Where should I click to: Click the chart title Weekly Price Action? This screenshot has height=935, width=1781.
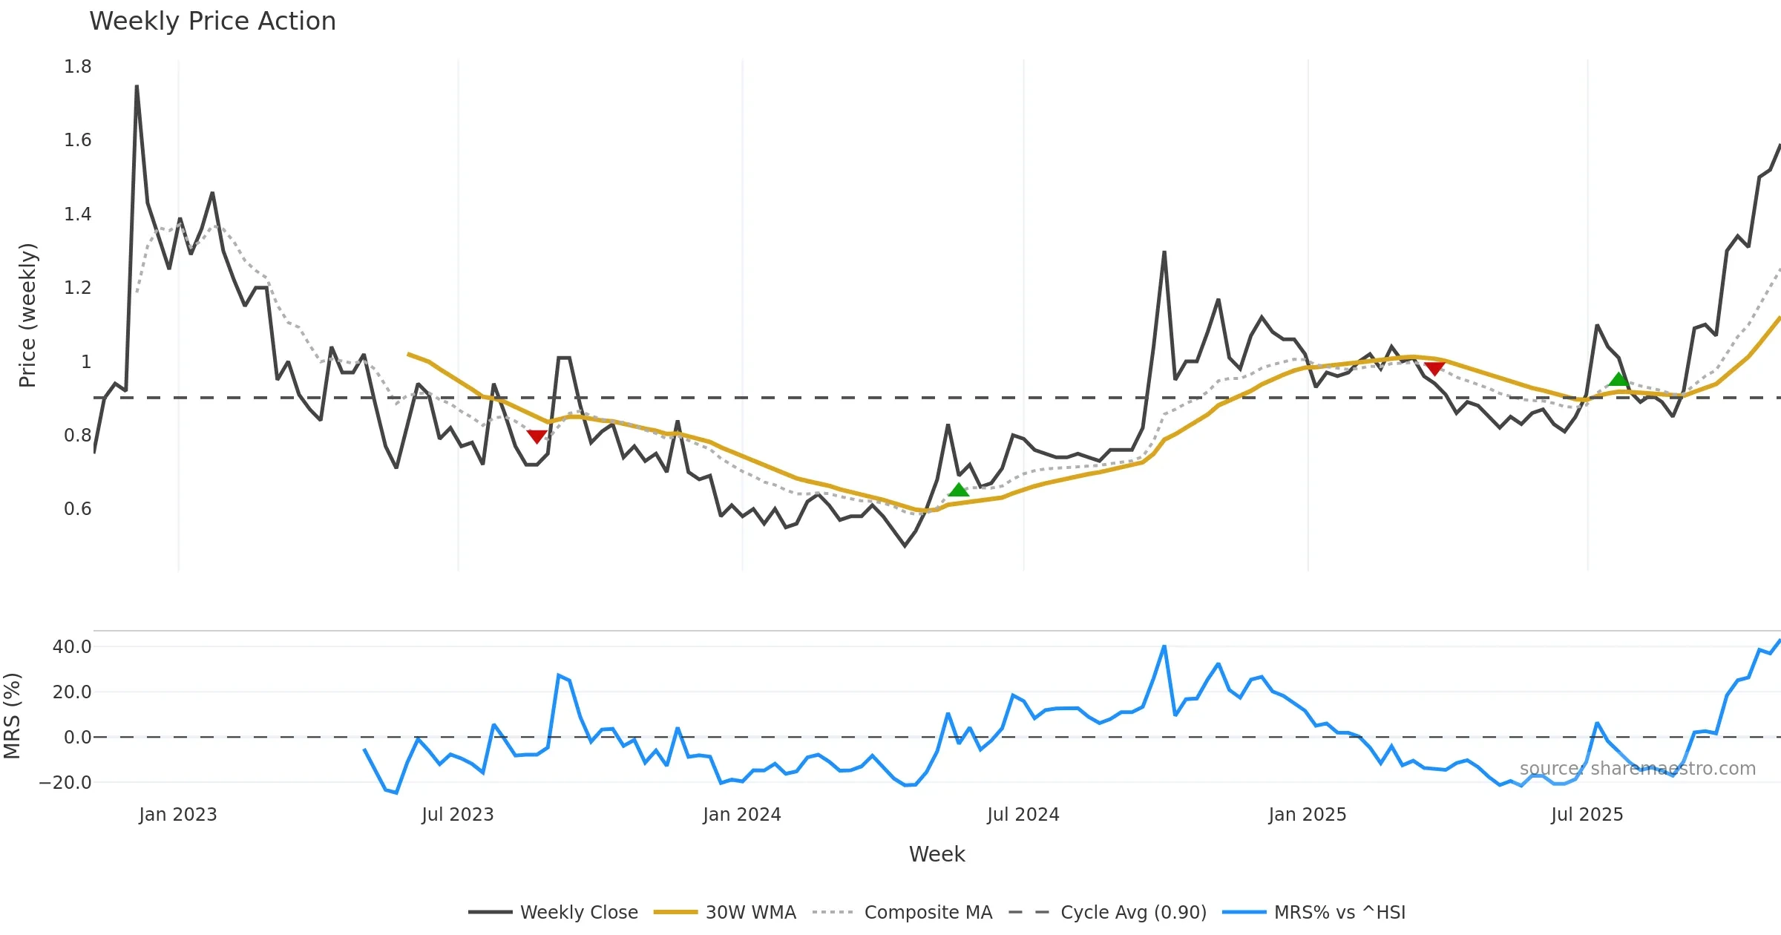(x=212, y=22)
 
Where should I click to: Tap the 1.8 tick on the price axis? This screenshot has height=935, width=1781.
(x=77, y=67)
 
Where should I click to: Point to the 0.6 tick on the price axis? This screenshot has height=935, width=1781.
(x=77, y=509)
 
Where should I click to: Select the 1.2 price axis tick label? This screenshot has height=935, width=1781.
(x=77, y=288)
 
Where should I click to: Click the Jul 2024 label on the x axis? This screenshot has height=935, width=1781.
(x=1023, y=815)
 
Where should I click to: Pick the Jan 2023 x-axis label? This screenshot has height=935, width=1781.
(x=178, y=815)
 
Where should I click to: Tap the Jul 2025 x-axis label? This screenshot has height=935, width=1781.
(x=1587, y=815)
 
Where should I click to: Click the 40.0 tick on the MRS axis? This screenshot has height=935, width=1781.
(x=72, y=647)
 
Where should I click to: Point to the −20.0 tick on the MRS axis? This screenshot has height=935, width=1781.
(x=65, y=783)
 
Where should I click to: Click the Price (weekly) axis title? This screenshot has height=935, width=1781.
(x=27, y=315)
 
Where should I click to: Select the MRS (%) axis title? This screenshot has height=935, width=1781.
(x=12, y=716)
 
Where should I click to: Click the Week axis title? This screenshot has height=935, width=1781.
(x=937, y=855)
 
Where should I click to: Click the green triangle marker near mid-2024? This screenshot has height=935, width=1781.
(x=959, y=490)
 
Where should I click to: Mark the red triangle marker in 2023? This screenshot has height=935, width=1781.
(x=537, y=436)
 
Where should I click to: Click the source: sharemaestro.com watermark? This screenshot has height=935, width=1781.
(x=1637, y=769)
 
